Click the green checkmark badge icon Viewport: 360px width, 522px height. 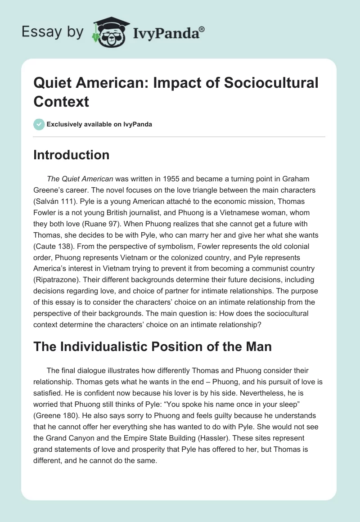click(x=39, y=124)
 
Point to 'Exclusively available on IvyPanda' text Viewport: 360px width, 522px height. click(x=99, y=124)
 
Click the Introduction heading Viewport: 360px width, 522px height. click(x=71, y=155)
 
